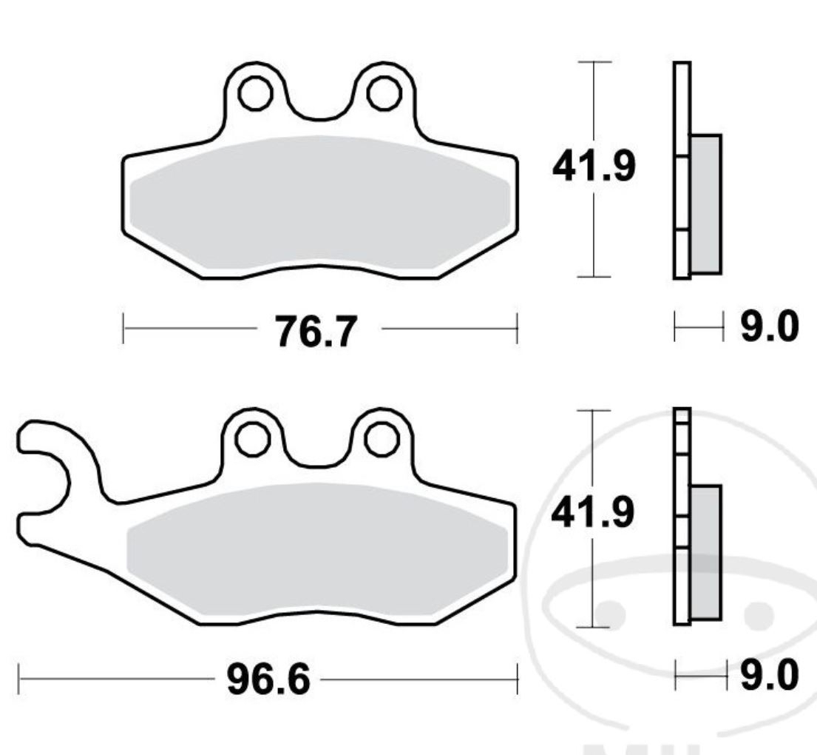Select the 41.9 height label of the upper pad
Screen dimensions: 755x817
pyautogui.click(x=593, y=169)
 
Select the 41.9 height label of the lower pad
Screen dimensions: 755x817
pyautogui.click(x=593, y=513)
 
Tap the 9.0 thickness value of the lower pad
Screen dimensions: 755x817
pyautogui.click(x=769, y=676)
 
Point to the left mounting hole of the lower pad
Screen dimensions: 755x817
pyautogui.click(x=251, y=439)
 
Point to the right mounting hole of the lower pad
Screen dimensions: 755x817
pyautogui.click(x=382, y=439)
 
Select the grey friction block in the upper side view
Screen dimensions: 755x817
pyautogui.click(x=705, y=204)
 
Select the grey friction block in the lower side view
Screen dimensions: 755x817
pyautogui.click(x=705, y=551)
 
